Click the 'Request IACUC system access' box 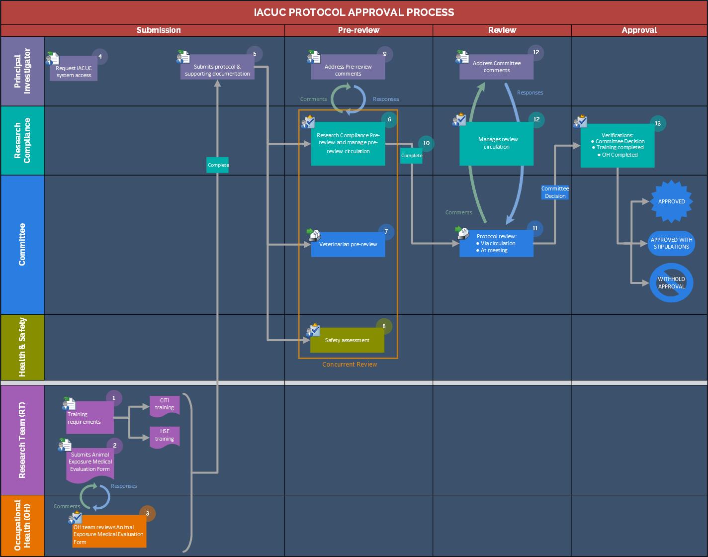pyautogui.click(x=74, y=72)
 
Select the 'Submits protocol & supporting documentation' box pyautogui.click(x=217, y=71)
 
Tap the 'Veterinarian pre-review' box pyautogui.click(x=348, y=245)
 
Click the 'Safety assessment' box pyautogui.click(x=347, y=340)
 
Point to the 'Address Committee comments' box pyautogui.click(x=496, y=67)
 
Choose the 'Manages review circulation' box pyautogui.click(x=496, y=144)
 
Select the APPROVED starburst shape pyautogui.click(x=671, y=201)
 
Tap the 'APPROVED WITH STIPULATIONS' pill pyautogui.click(x=671, y=243)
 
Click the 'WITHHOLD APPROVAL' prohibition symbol pyautogui.click(x=671, y=283)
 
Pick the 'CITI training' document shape pyautogui.click(x=165, y=405)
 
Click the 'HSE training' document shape pyautogui.click(x=165, y=436)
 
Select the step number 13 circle pyautogui.click(x=658, y=124)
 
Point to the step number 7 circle pyautogui.click(x=386, y=232)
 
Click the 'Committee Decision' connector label pyautogui.click(x=555, y=192)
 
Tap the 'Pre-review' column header pyautogui.click(x=358, y=30)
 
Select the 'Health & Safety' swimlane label pyautogui.click(x=22, y=347)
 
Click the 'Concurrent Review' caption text pyautogui.click(x=350, y=365)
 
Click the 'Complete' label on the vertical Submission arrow pyautogui.click(x=218, y=165)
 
